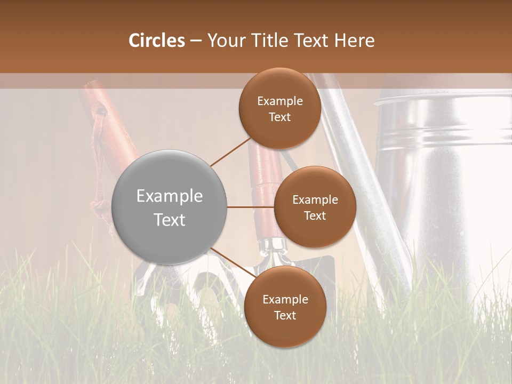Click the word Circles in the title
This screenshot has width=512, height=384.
click(157, 41)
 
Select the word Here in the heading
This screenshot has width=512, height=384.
click(354, 41)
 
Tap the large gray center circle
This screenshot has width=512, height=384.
click(170, 207)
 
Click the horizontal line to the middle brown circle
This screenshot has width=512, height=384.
click(250, 207)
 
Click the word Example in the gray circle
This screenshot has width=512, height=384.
click(170, 196)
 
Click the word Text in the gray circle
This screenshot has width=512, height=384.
click(170, 220)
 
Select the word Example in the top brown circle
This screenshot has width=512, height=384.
click(279, 101)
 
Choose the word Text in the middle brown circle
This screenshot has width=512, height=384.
click(315, 215)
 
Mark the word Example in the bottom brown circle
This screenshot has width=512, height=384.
click(285, 300)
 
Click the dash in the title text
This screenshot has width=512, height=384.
click(196, 41)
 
